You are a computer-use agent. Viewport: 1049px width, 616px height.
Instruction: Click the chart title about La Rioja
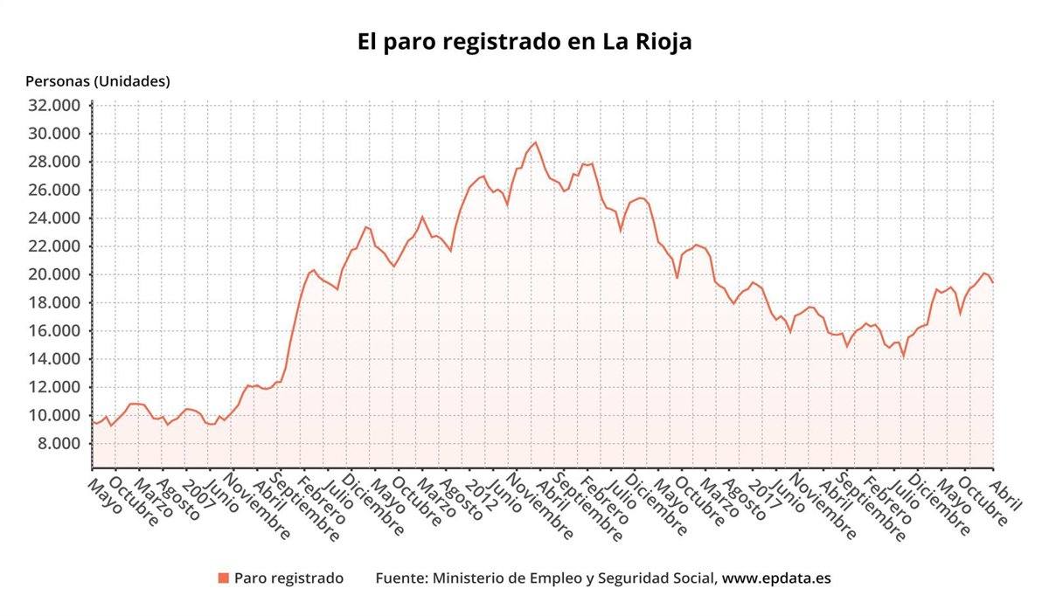point(524,42)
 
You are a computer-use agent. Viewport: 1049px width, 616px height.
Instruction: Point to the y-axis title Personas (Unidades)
point(98,81)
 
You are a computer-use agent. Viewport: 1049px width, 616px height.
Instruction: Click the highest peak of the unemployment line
point(535,142)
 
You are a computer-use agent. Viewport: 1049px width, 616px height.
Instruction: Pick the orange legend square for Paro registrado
point(223,578)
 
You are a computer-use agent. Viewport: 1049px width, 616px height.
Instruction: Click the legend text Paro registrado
point(288,578)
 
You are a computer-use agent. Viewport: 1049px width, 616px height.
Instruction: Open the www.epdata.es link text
point(776,578)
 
